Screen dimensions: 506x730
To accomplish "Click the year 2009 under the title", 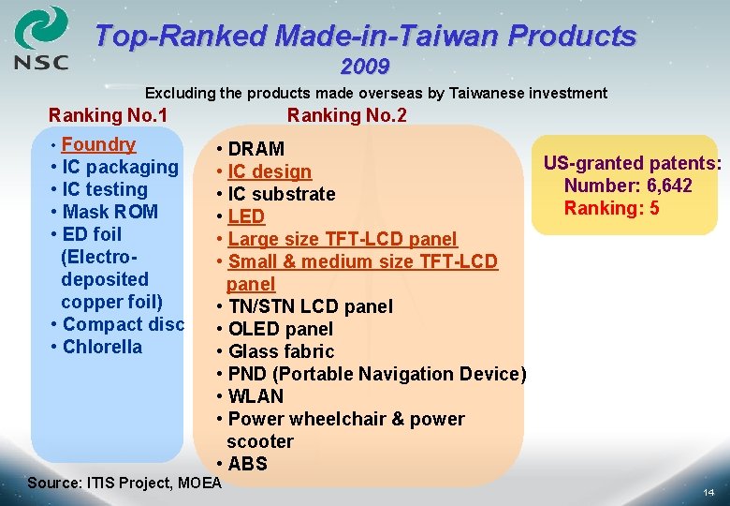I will [x=365, y=67].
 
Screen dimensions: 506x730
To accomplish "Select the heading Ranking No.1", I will [x=109, y=115].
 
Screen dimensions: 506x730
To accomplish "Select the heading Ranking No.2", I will [x=346, y=115].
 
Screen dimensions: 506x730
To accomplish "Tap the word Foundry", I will [x=98, y=145].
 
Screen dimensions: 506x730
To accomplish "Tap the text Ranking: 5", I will [x=611, y=208].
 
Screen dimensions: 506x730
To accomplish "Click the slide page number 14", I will [x=708, y=492].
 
